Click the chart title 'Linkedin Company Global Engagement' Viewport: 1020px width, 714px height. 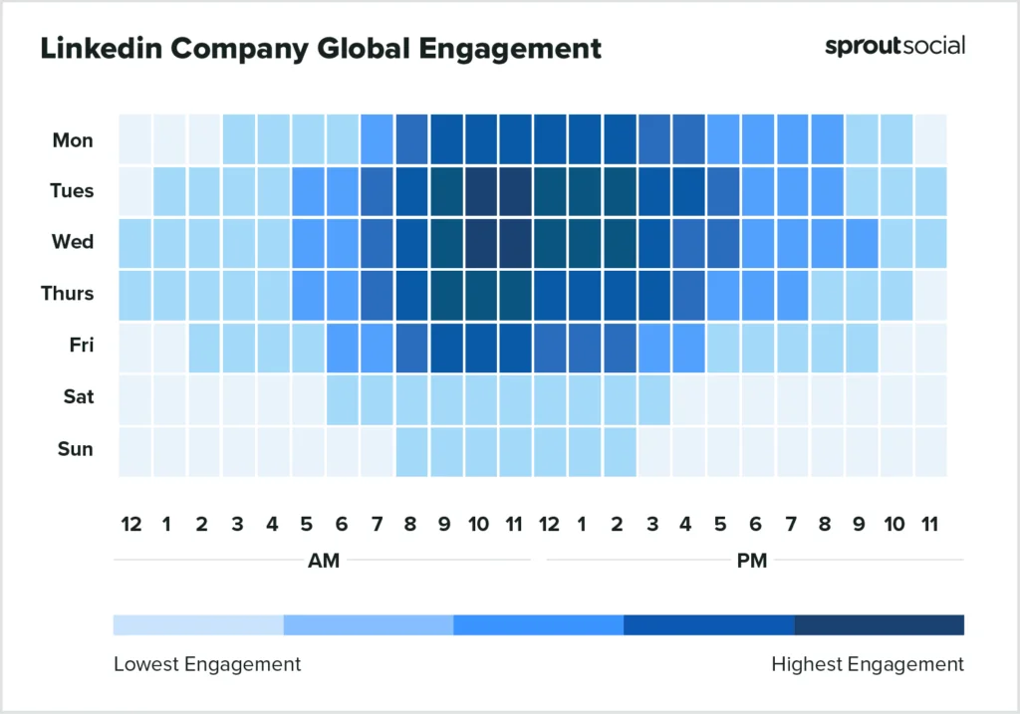point(320,48)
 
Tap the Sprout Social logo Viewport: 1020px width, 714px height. point(894,46)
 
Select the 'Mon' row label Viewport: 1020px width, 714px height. point(73,140)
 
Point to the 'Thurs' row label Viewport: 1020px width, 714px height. point(69,294)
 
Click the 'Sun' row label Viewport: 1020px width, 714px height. point(75,449)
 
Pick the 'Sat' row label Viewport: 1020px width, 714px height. point(77,397)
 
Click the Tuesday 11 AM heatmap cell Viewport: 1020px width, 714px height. point(515,191)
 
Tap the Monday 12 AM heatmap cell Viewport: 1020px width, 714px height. point(134,139)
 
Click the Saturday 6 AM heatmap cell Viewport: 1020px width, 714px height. point(342,398)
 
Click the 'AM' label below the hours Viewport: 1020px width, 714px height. point(324,561)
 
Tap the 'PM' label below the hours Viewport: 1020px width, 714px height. point(752,561)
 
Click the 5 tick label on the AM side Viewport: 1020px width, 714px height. point(306,524)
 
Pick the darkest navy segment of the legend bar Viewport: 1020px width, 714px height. point(879,625)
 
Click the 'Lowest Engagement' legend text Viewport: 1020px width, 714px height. point(207,664)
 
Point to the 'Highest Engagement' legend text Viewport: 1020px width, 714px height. point(868,664)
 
